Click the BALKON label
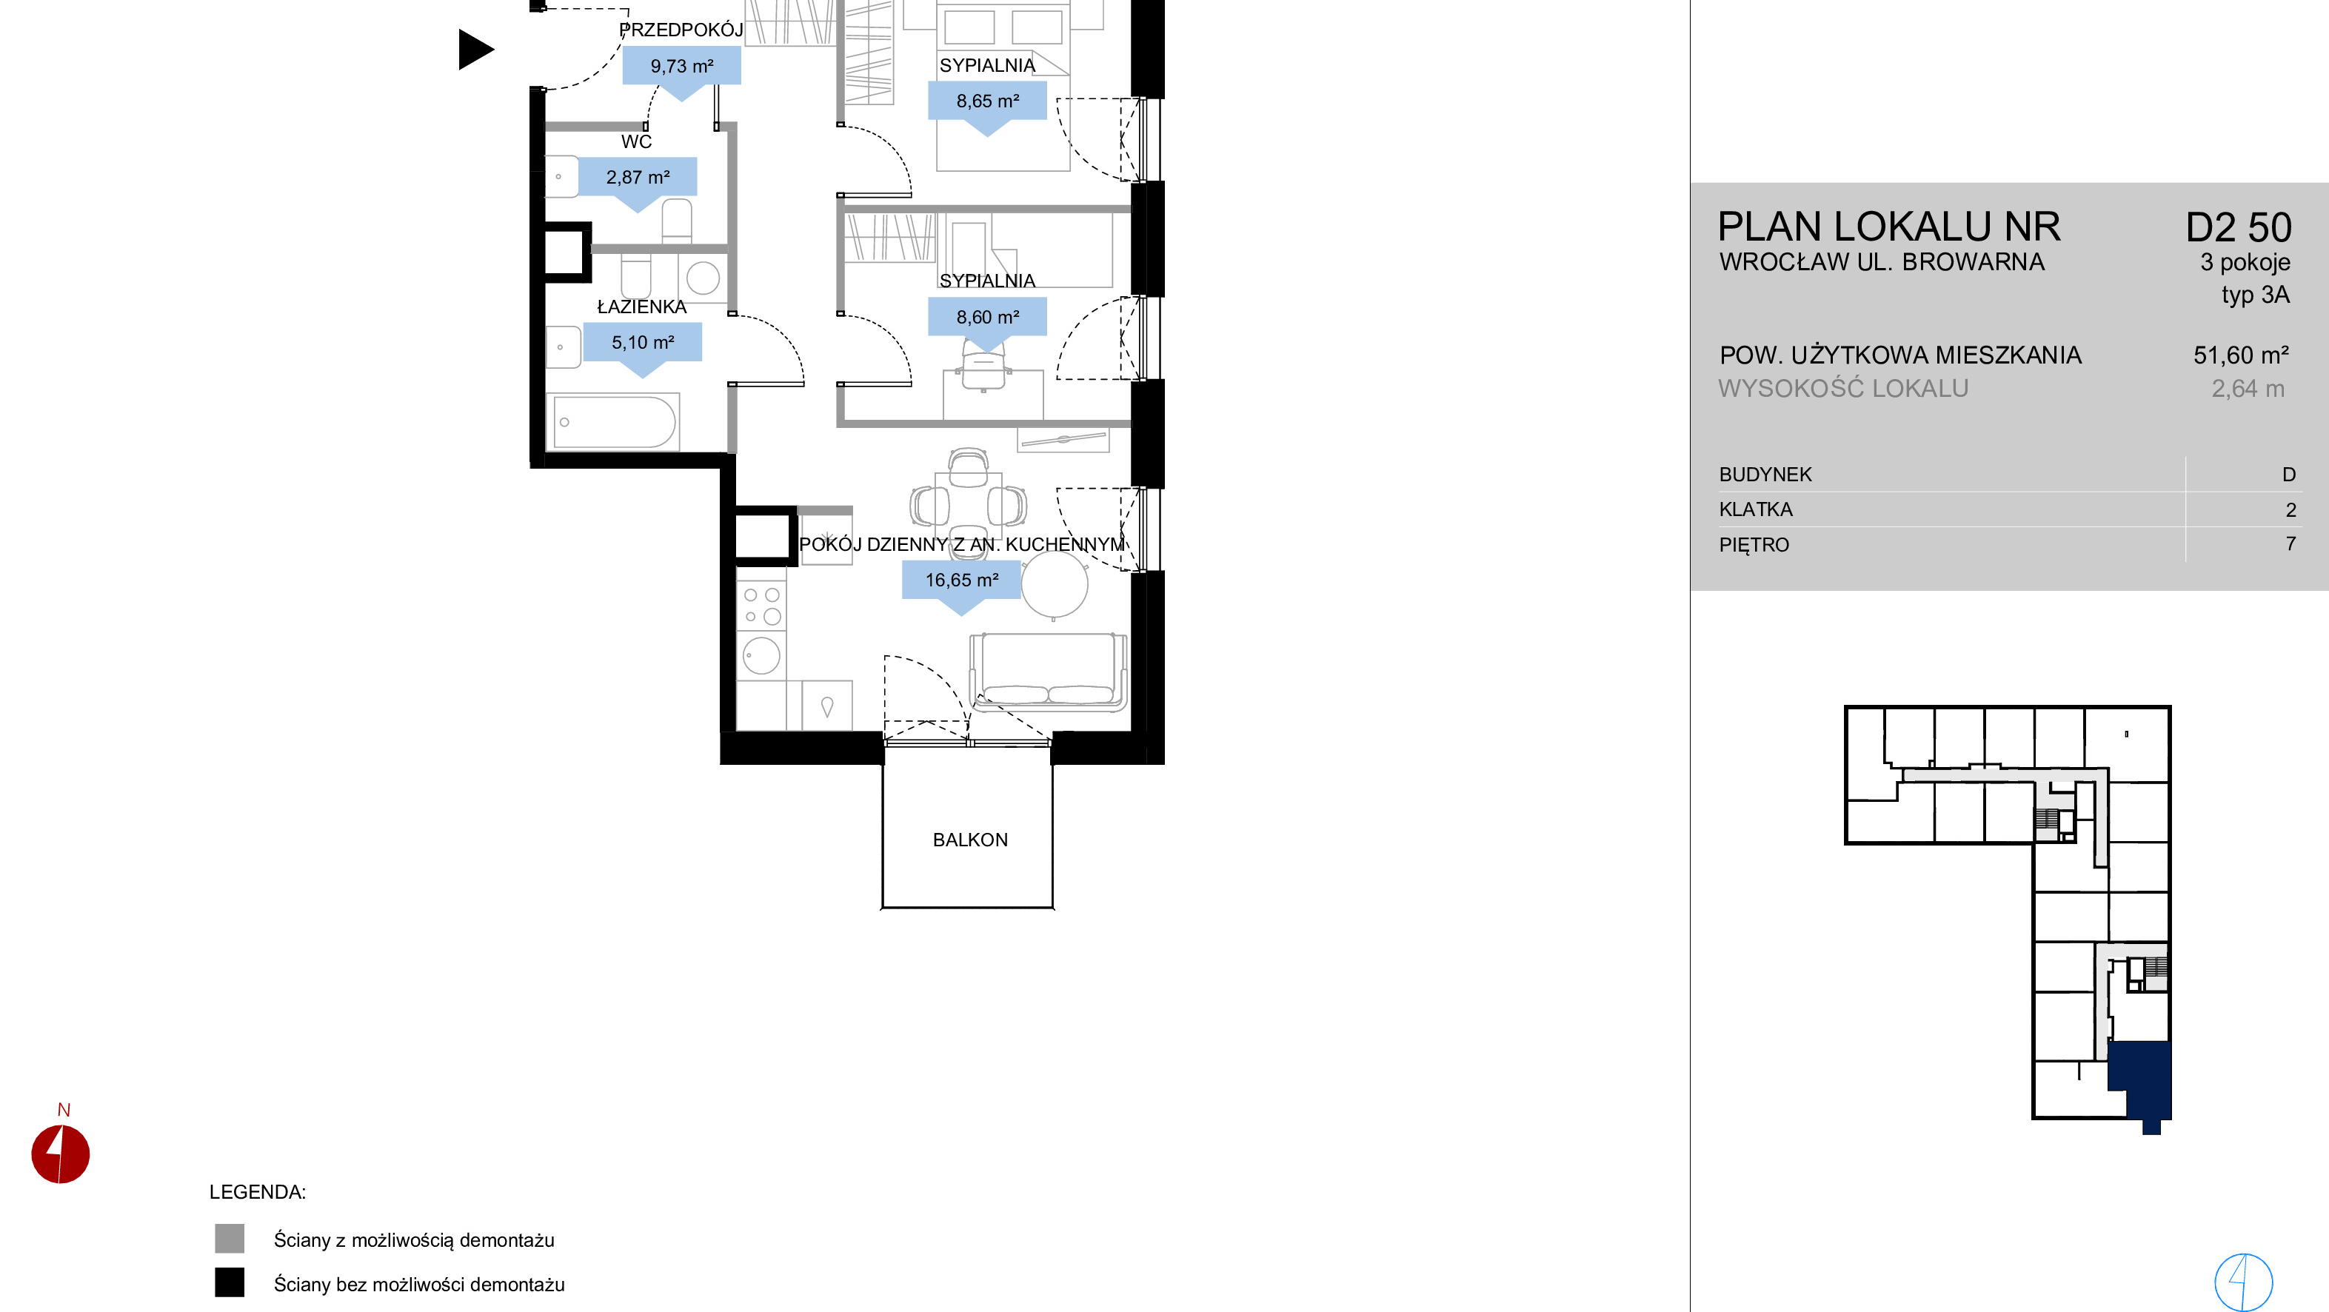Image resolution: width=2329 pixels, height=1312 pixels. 970,840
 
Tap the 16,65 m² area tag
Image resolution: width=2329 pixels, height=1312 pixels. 962,584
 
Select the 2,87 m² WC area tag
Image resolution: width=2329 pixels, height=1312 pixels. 638,181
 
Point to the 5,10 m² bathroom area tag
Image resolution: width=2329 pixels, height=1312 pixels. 643,347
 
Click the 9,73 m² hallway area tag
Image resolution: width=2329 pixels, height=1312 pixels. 682,70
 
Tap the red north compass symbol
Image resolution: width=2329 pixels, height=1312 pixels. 61,1153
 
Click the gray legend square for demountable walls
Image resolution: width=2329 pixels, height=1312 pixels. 230,1239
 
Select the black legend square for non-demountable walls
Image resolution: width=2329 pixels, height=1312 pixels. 230,1282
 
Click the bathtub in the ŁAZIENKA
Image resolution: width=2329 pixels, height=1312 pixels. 614,421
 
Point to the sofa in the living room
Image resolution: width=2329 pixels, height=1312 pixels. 1048,671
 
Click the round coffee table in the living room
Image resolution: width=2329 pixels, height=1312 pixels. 1055,584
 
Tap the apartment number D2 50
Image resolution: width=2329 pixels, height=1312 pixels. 2239,228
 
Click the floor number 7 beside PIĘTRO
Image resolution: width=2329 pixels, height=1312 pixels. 2290,543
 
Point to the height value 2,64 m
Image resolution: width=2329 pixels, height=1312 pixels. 2248,389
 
